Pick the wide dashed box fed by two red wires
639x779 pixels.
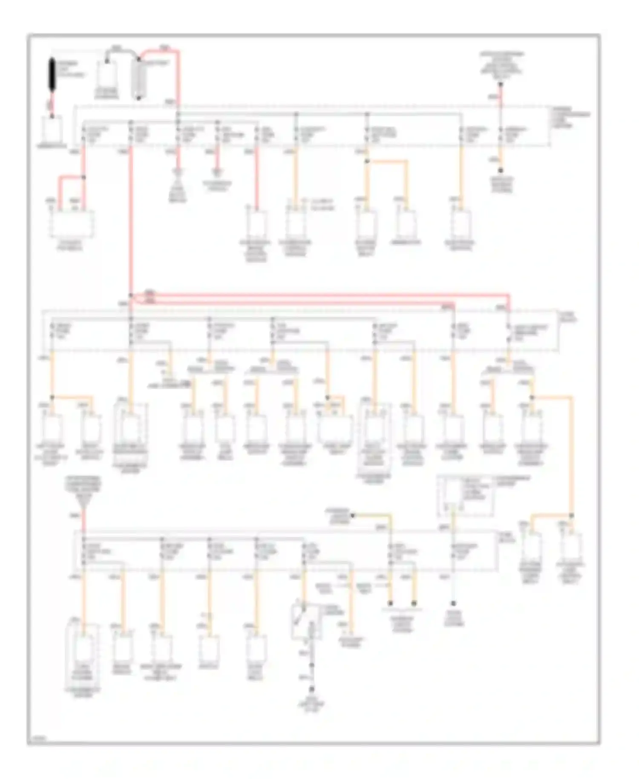(x=72, y=224)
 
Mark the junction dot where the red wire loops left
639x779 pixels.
(x=83, y=177)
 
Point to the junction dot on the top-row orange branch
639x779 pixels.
(x=366, y=162)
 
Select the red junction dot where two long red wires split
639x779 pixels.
(x=131, y=295)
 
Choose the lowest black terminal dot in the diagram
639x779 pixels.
(x=312, y=689)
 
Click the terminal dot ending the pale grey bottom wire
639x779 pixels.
(x=453, y=603)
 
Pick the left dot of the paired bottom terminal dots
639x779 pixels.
(x=390, y=603)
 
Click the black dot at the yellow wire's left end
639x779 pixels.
(x=353, y=516)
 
